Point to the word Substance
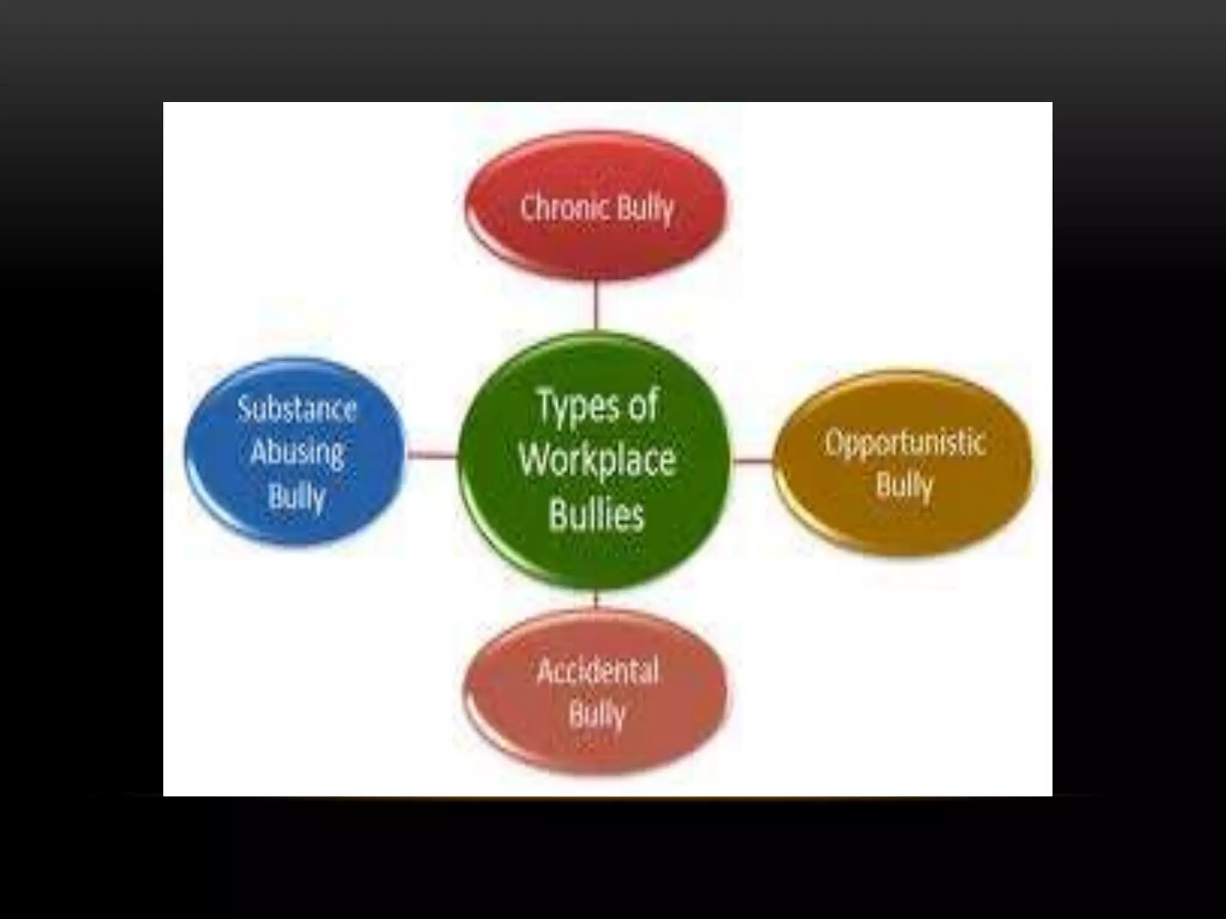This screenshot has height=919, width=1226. coord(297,410)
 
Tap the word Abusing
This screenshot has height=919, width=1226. coord(297,452)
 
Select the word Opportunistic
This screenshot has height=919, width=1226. coord(905,443)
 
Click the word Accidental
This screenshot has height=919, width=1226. coord(598,671)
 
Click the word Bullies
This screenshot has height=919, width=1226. coord(597,515)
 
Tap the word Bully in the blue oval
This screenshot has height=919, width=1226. coord(297,497)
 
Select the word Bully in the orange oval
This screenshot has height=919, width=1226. coord(905,485)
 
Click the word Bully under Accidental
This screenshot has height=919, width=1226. coord(597,714)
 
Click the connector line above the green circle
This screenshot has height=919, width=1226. coord(596,305)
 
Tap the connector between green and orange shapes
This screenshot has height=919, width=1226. coord(752,461)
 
